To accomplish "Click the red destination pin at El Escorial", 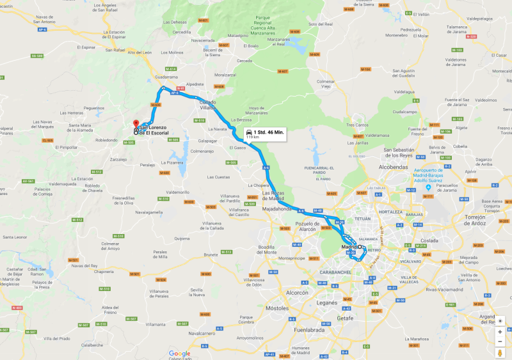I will click(x=135, y=122).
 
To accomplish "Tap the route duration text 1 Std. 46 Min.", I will click(x=268, y=132).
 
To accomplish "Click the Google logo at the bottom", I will click(x=180, y=353).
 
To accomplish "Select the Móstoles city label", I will click(x=276, y=308).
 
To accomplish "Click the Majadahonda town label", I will click(x=277, y=208).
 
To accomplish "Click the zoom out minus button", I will click(x=500, y=341).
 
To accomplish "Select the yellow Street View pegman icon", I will click(x=500, y=353).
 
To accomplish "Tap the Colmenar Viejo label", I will click(x=326, y=83).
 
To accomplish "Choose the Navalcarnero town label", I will click(x=202, y=333).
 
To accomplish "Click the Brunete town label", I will click(x=211, y=254).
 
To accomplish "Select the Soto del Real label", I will click(x=321, y=24).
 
